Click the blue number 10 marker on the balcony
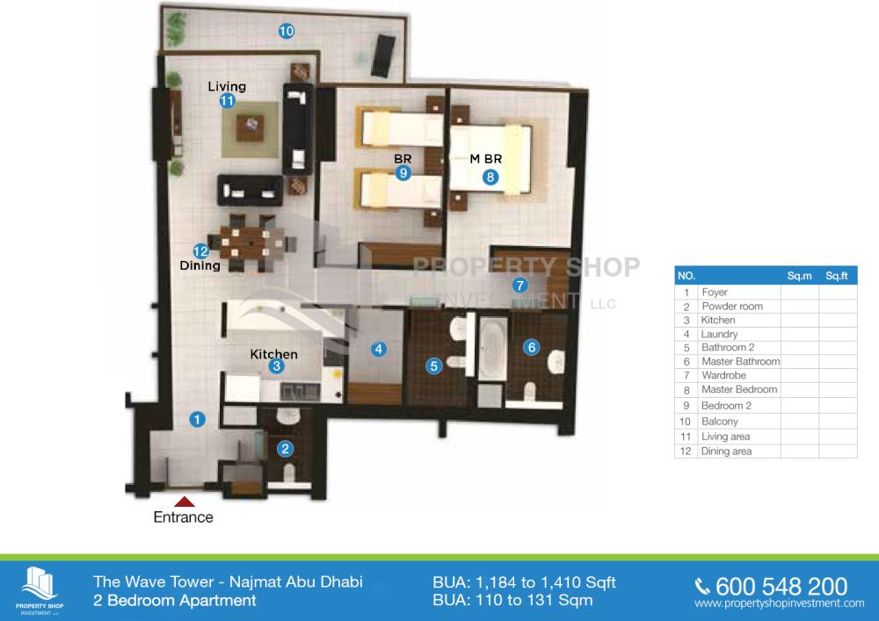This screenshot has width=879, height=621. [287, 31]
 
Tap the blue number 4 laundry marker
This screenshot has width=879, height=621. [378, 349]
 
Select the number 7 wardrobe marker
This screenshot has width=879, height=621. [519, 285]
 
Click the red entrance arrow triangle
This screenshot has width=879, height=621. [185, 502]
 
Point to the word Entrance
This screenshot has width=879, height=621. [184, 516]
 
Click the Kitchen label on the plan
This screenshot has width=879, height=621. [273, 354]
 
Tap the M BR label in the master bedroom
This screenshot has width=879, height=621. [485, 158]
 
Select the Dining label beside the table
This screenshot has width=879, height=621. [200, 265]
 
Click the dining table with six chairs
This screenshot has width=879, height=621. [251, 242]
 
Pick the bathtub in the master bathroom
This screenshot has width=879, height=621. [493, 350]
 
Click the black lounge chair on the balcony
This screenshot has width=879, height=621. [383, 55]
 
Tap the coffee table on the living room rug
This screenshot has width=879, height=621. [250, 128]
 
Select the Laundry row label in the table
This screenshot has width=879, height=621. [719, 334]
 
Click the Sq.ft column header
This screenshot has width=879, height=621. [837, 276]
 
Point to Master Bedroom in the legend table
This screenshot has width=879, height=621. [739, 389]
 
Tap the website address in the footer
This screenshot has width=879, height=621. [779, 603]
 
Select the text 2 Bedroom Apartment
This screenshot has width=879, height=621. [175, 600]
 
